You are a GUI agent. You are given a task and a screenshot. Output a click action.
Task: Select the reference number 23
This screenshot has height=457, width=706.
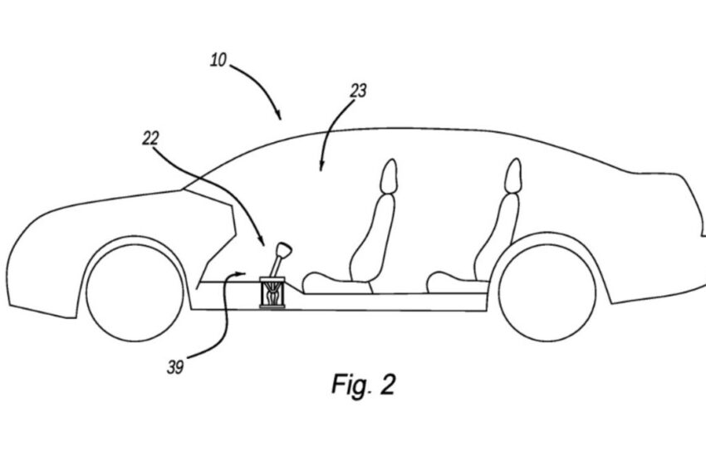358,91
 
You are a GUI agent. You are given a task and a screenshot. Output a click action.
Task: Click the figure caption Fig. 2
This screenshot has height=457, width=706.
364,384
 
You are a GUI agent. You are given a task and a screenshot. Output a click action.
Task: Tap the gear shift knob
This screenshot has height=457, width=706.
285,250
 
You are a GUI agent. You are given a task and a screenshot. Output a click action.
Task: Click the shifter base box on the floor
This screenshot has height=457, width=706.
273,292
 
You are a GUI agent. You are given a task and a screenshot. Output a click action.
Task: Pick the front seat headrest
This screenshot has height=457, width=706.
388,177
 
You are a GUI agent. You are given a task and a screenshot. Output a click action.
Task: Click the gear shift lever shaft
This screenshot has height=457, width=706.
277,266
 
